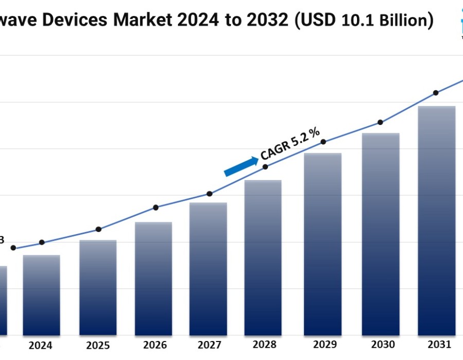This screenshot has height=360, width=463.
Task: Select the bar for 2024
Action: pyautogui.click(x=41, y=296)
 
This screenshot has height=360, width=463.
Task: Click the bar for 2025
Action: pyautogui.click(x=98, y=288)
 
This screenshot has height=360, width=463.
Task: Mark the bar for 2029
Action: pyautogui.click(x=323, y=245)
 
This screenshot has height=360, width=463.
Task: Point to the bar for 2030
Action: pyautogui.click(x=381, y=235)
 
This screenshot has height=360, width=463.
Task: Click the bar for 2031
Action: pyautogui.click(x=436, y=221)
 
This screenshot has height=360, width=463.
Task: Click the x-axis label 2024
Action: pyautogui.click(x=40, y=346)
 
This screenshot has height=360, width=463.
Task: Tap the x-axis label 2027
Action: pyautogui.click(x=209, y=345)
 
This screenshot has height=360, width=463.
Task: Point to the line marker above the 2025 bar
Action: pyautogui.click(x=99, y=229)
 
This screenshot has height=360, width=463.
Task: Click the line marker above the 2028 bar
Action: pyautogui.click(x=265, y=167)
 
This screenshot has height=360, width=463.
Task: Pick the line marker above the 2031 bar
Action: pyautogui.click(x=436, y=93)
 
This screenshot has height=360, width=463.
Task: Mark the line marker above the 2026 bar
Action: pyautogui.click(x=156, y=208)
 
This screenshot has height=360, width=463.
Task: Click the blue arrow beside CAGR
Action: pyautogui.click(x=241, y=167)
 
